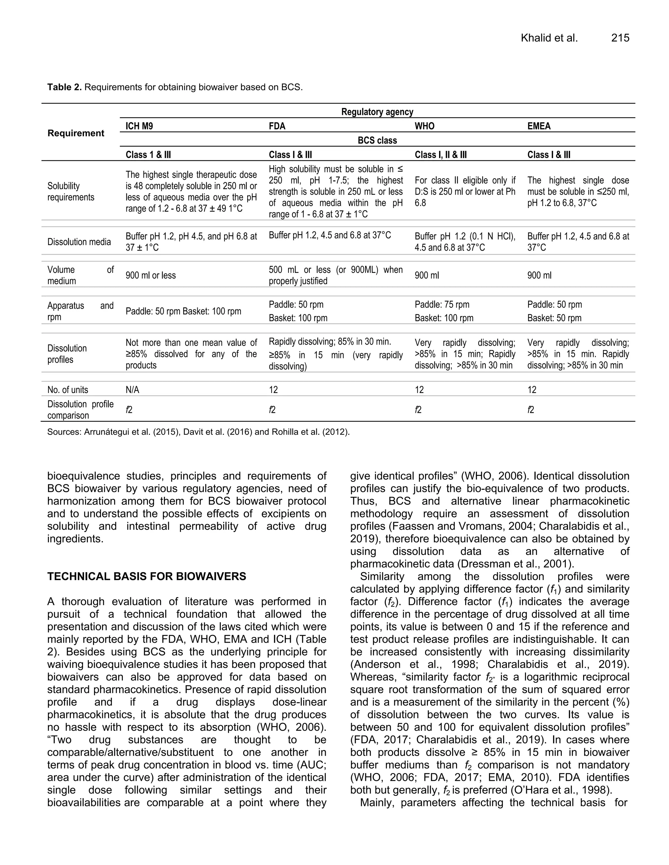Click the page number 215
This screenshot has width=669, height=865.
click(620, 38)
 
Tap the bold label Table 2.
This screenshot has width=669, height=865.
click(64, 87)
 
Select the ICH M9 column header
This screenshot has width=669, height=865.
click(139, 126)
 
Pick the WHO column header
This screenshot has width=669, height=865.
click(424, 126)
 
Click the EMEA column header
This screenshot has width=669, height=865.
click(539, 126)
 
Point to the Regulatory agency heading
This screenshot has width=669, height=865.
click(377, 112)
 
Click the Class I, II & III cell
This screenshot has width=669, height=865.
click(440, 155)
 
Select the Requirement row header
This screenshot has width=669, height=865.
click(76, 133)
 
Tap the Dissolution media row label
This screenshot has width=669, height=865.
click(79, 242)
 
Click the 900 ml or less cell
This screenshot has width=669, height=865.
click(151, 275)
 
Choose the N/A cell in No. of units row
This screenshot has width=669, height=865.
click(132, 390)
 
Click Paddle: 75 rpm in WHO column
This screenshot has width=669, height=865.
click(442, 305)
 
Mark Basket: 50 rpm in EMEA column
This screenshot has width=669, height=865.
click(554, 318)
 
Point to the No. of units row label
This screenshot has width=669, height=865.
click(68, 390)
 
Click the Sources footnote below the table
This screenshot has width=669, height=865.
click(198, 432)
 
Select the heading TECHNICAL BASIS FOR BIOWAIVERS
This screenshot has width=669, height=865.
click(147, 576)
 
